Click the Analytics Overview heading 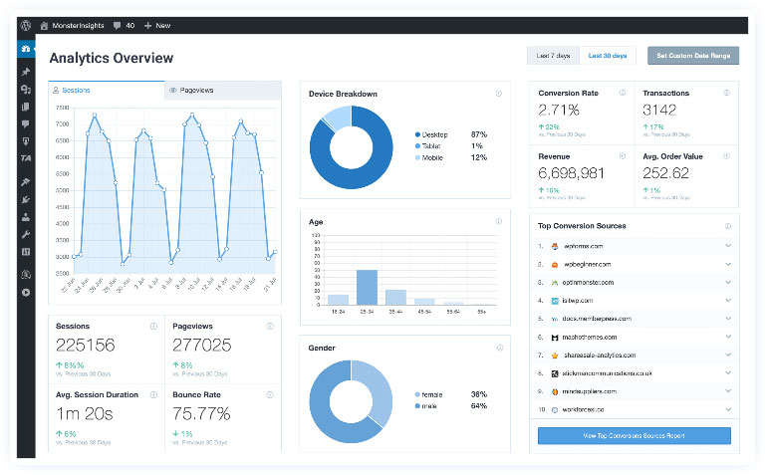tap(111, 59)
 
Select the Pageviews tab tap(195, 90)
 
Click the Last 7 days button tap(552, 56)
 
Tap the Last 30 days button tap(608, 56)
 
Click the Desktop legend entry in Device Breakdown tap(434, 134)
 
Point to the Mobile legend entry tap(432, 157)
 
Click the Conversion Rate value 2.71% tap(559, 110)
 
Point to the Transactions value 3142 tap(660, 110)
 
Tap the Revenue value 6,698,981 tap(572, 173)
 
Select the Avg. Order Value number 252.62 tap(666, 173)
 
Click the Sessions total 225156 tap(86, 346)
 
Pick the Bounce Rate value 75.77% tap(201, 412)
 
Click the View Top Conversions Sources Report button tap(634, 436)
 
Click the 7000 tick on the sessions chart tap(63, 124)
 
